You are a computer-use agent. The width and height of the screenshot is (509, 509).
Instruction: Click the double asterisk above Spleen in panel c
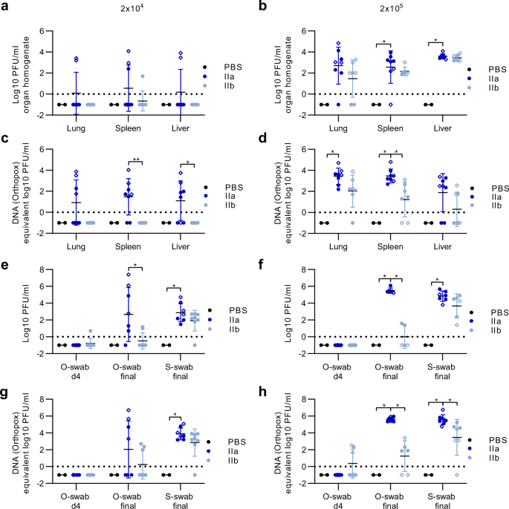(136, 159)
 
